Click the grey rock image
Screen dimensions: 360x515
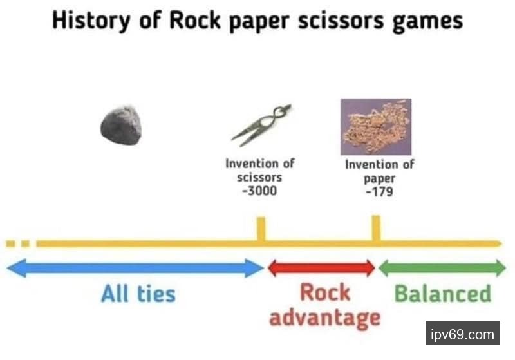(121, 126)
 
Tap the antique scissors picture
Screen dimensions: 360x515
(261, 125)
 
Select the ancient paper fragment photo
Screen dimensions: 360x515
(376, 126)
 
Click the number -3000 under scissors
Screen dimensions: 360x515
(259, 191)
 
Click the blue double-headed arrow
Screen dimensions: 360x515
(135, 268)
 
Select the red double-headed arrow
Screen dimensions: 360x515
(321, 268)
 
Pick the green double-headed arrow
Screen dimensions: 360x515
(442, 268)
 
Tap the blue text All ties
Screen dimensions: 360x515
(138, 294)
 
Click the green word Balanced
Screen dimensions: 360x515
(442, 294)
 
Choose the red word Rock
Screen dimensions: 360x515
(325, 292)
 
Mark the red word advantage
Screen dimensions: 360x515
(324, 317)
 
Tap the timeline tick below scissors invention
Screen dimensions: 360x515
(261, 229)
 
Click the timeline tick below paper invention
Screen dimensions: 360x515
(376, 229)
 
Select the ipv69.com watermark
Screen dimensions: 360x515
(462, 335)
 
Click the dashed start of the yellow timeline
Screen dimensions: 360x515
(17, 243)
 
